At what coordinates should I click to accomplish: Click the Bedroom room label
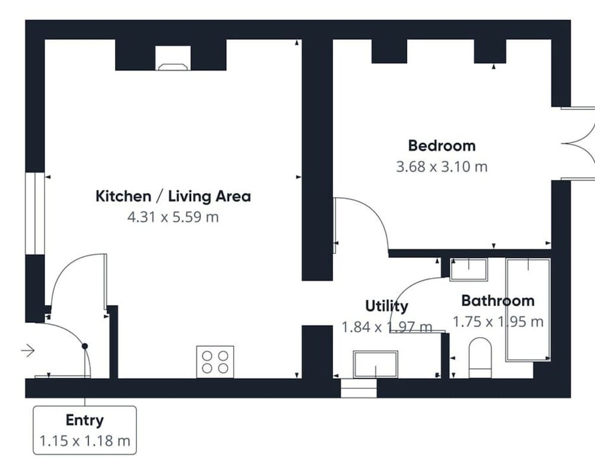(x=441, y=146)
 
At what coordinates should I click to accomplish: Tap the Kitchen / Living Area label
(x=173, y=197)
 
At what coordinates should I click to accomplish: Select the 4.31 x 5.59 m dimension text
(x=173, y=217)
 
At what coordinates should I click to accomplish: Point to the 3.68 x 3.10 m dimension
(x=441, y=167)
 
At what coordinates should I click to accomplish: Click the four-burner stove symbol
(x=215, y=362)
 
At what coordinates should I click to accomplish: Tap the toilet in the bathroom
(x=480, y=358)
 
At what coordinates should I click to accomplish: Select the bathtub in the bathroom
(x=528, y=310)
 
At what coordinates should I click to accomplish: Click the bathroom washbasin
(x=468, y=269)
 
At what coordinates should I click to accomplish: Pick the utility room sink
(x=375, y=365)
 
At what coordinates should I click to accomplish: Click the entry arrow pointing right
(x=28, y=350)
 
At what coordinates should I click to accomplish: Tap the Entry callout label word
(x=84, y=420)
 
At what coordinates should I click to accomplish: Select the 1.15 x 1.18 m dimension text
(x=85, y=441)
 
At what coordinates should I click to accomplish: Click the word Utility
(x=387, y=306)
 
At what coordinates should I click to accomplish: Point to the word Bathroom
(x=498, y=301)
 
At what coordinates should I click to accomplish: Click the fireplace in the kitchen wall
(x=173, y=58)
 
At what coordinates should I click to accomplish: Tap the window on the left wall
(x=35, y=213)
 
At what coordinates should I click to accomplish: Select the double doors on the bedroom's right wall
(x=578, y=143)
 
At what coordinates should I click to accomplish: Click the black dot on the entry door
(x=85, y=346)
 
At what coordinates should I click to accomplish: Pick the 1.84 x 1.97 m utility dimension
(x=387, y=327)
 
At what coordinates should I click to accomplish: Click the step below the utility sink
(x=359, y=388)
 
